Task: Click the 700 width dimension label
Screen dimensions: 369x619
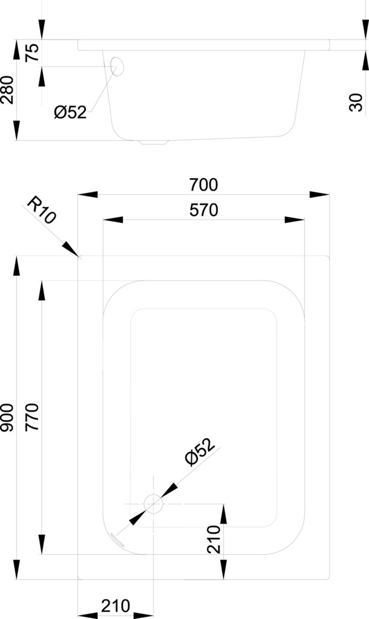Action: click(x=203, y=185)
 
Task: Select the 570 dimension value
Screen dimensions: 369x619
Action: click(x=203, y=210)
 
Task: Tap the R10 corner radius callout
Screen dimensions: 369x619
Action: click(x=42, y=210)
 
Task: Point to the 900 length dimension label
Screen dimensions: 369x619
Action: click(x=7, y=417)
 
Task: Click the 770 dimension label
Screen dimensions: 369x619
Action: click(x=32, y=417)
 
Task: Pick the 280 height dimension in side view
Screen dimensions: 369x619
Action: click(x=7, y=89)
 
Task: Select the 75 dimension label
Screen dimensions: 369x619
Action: click(x=32, y=53)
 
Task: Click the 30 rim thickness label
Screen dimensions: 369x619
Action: click(x=356, y=102)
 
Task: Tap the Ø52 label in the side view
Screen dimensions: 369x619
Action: click(x=70, y=113)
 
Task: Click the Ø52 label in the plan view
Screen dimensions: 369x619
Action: click(x=200, y=451)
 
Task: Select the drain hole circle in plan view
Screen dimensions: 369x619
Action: click(x=153, y=504)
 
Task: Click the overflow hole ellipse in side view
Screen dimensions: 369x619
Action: click(x=117, y=66)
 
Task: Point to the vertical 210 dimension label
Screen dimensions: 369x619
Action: click(x=214, y=539)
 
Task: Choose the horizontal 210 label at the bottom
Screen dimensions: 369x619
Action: click(x=115, y=606)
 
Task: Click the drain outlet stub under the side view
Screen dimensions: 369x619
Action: click(x=154, y=142)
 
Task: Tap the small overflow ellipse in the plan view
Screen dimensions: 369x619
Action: click(x=117, y=540)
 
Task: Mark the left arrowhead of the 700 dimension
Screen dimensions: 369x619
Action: click(x=88, y=194)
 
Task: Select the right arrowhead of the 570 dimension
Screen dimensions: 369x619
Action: click(x=295, y=220)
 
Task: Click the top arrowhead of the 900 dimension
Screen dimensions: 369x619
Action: click(x=16, y=266)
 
